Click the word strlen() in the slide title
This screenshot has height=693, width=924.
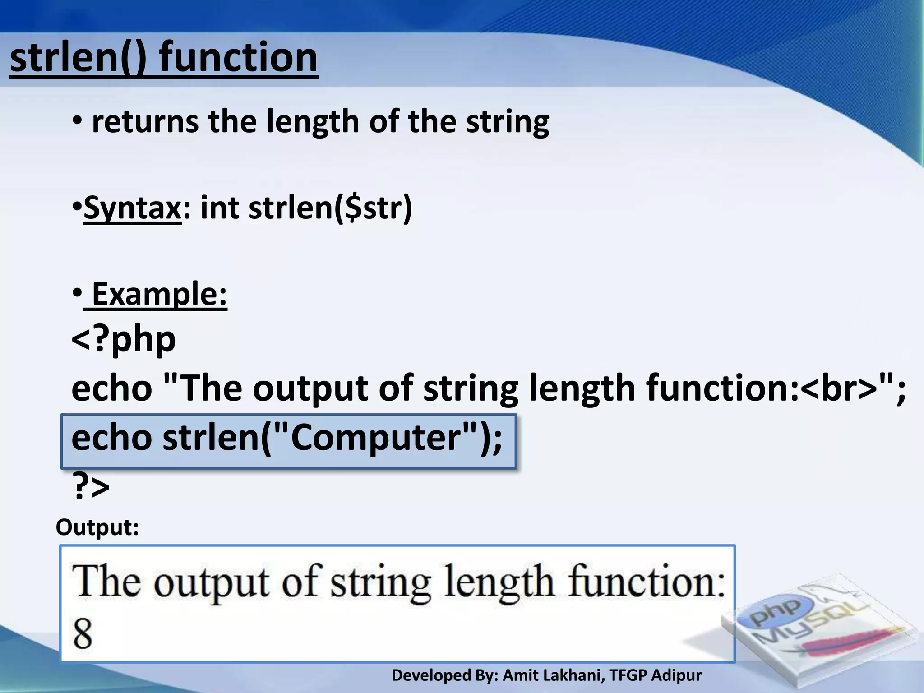click(x=78, y=58)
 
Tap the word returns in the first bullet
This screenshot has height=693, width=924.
click(x=145, y=122)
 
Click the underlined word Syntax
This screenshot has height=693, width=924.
click(x=133, y=208)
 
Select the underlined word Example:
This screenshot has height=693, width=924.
click(x=159, y=294)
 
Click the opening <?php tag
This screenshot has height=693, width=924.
click(x=123, y=339)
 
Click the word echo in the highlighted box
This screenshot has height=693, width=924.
click(x=111, y=438)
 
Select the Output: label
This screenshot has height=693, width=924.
click(x=97, y=527)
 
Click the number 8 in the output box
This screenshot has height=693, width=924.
click(x=83, y=633)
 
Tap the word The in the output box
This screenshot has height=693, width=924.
click(x=106, y=582)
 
